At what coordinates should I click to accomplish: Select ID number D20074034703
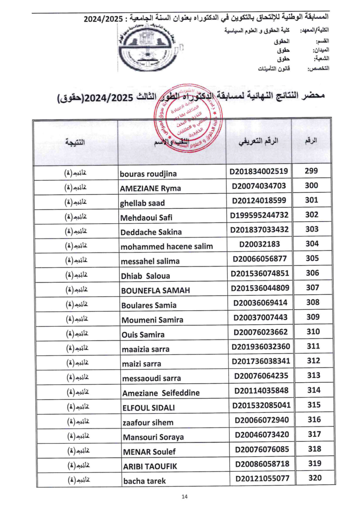259,186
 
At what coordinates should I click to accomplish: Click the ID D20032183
259,244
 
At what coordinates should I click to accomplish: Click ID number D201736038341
259,361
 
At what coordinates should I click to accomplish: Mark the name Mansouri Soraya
153,437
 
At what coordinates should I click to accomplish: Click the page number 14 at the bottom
184,497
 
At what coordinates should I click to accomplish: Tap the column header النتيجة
75,142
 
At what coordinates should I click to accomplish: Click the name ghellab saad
143,203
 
